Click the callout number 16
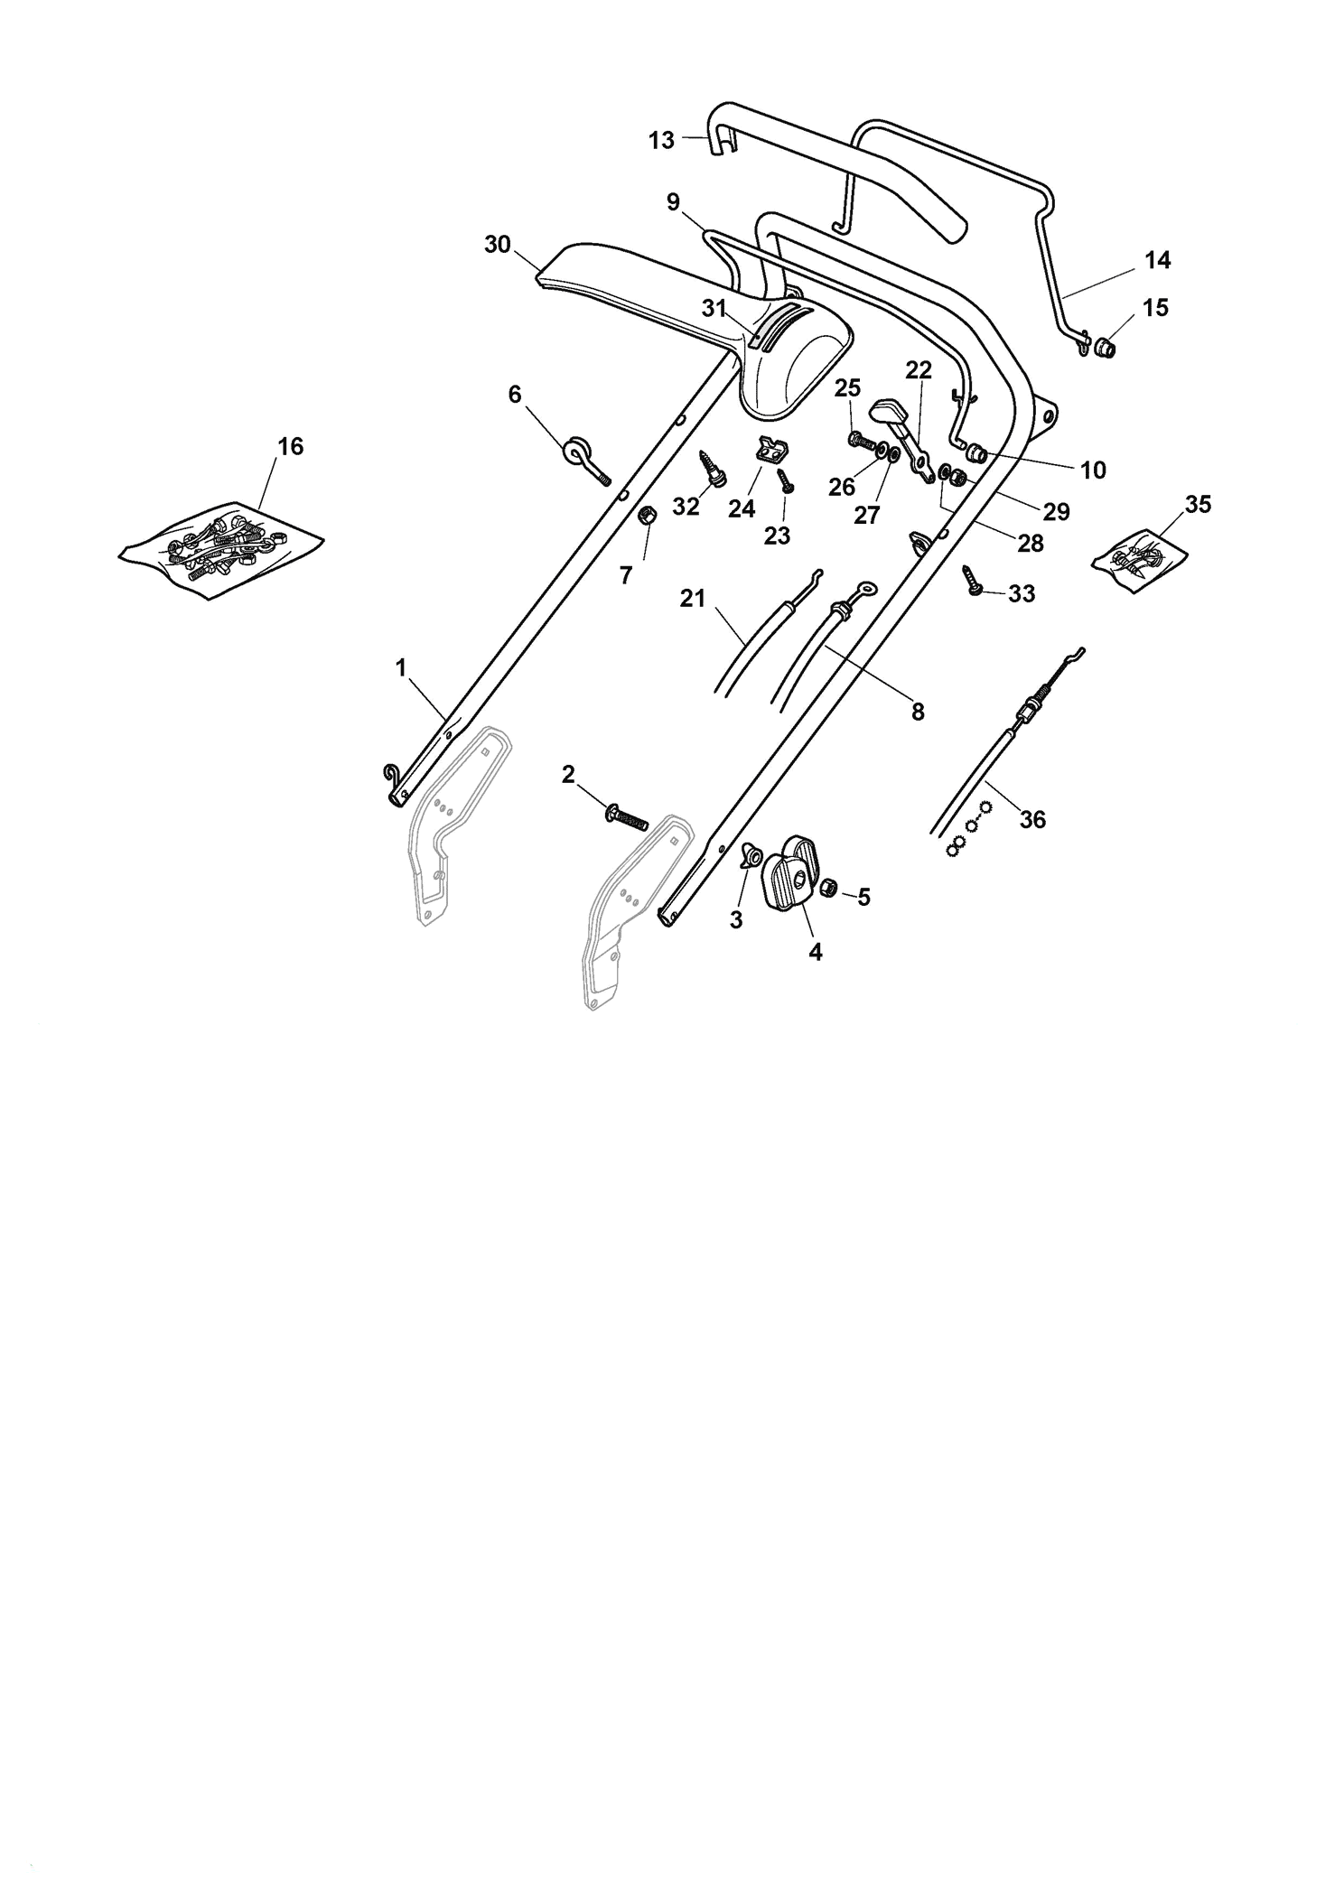click(291, 446)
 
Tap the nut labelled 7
click(647, 517)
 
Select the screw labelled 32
click(711, 470)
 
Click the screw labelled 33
click(975, 578)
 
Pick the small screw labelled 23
click(785, 479)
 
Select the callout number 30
click(498, 245)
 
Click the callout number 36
click(1032, 819)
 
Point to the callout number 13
click(662, 141)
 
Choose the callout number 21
click(693, 599)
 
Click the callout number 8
click(918, 713)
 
